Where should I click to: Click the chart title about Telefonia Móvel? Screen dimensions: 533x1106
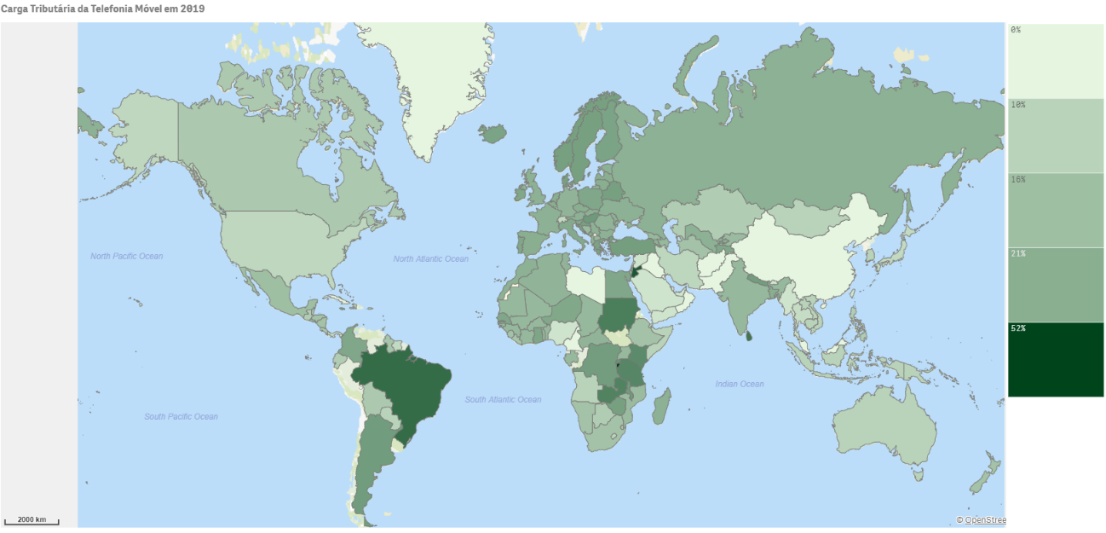pos(102,8)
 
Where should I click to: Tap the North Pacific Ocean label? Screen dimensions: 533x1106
pos(126,257)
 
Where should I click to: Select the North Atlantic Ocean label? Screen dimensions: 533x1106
pos(430,259)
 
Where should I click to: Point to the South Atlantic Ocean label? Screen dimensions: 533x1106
pos(503,400)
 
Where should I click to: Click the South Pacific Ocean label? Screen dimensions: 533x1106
pos(181,417)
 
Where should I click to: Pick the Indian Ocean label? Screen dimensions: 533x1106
pos(740,385)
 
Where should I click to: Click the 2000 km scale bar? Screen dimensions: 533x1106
pos(32,520)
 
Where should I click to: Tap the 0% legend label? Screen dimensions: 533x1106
pos(1016,31)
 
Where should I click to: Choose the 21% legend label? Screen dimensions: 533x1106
pos(1017,254)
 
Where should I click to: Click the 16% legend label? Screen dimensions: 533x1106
pos(1017,180)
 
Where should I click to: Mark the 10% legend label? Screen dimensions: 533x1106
pos(1017,105)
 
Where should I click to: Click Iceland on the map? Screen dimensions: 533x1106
pos(493,133)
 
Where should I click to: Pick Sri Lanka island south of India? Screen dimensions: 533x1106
pos(749,336)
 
